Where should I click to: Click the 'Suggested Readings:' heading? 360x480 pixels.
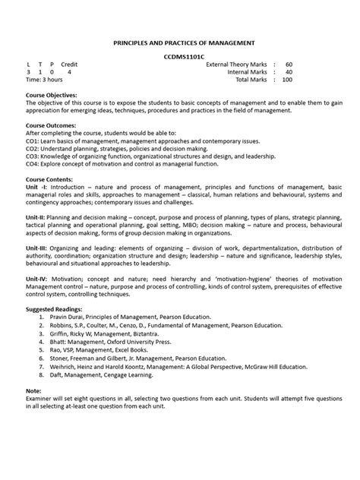pyautogui.click(x=57, y=311)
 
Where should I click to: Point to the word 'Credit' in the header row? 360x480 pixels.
pyautogui.click(x=70, y=65)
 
